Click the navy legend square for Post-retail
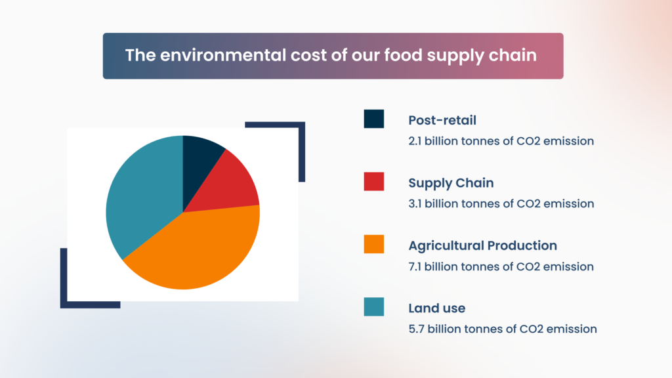coord(373,119)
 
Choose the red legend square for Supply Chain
coord(373,182)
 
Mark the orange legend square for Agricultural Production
coord(373,244)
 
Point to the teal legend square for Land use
coord(373,306)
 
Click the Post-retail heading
coord(442,120)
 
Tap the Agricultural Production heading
coord(482,245)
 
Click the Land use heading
coord(436,308)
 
